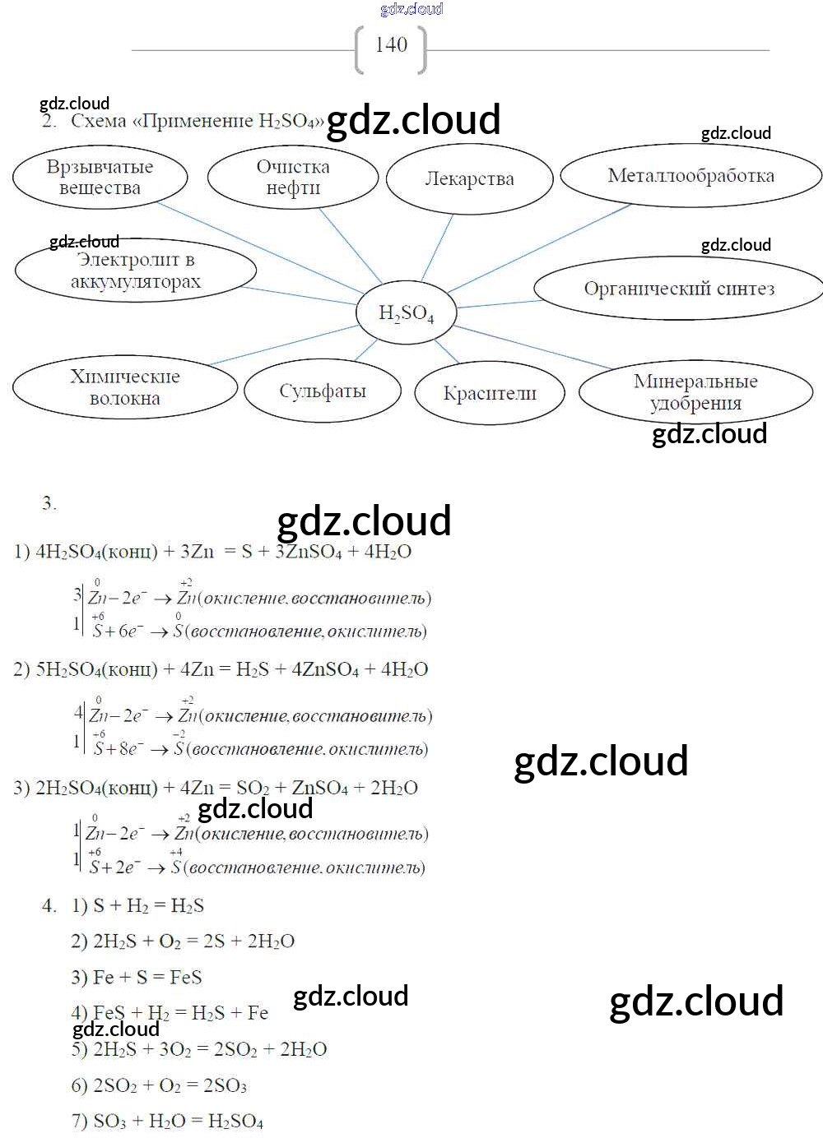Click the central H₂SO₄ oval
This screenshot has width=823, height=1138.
coord(406,312)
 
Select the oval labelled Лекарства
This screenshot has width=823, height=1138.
coord(469,179)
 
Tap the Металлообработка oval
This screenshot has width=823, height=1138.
coord(690,175)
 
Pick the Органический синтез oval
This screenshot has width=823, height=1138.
coord(679,289)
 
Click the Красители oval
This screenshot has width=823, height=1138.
coord(490,393)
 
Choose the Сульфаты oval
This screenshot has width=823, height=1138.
coord(323,391)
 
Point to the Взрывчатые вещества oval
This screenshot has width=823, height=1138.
coord(100,177)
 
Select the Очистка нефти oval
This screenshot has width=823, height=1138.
coord(293,177)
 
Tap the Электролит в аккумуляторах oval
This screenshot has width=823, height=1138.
coord(136,271)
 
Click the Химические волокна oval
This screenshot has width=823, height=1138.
coord(125,387)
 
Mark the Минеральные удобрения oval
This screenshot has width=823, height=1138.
coord(695,392)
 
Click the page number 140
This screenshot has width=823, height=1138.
coord(391,45)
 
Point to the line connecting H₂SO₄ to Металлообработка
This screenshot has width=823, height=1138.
coord(539,248)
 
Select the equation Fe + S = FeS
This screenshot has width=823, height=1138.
coord(137,977)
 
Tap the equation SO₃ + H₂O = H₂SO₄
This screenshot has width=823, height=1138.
coord(168,1121)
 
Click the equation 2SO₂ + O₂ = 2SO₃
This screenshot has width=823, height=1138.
coord(159,1085)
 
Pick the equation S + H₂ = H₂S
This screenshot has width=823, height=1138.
coord(138,905)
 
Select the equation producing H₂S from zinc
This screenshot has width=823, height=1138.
coord(221,669)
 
